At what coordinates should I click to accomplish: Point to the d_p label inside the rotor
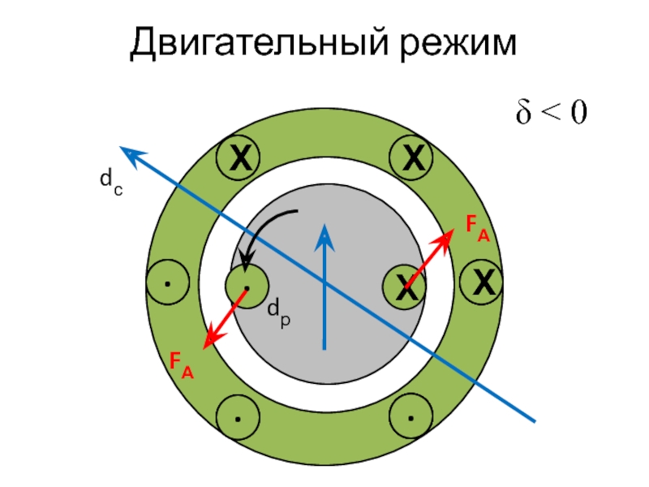pyautogui.click(x=278, y=309)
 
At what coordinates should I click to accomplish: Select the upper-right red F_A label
pyautogui.click(x=477, y=230)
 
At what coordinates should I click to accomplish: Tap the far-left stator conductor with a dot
pyautogui.click(x=167, y=284)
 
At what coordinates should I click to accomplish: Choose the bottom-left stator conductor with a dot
pyautogui.click(x=239, y=418)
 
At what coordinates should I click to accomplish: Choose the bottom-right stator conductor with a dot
pyautogui.click(x=411, y=418)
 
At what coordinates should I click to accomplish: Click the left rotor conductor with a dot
pyautogui.click(x=246, y=286)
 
